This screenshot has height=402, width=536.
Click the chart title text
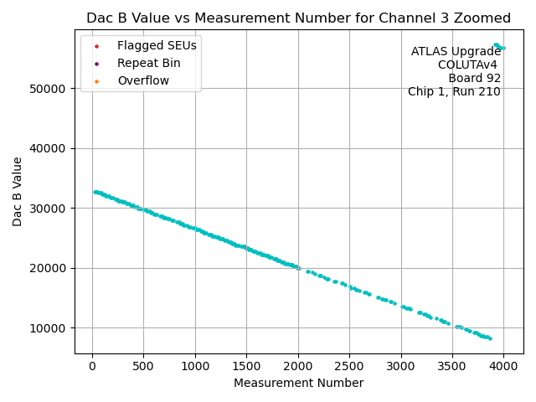298,18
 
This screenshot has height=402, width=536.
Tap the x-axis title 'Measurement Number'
298,384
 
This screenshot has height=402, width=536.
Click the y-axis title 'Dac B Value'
18,191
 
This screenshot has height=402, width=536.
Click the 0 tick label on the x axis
93,365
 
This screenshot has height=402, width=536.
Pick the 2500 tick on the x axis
349,365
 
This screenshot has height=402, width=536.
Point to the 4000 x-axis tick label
503,365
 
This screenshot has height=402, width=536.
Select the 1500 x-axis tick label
246,365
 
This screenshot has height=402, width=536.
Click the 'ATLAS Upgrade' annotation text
456,52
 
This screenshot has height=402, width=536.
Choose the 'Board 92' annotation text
474,79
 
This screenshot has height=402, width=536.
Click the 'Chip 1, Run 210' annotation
454,92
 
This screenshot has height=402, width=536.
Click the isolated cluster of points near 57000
498,46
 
